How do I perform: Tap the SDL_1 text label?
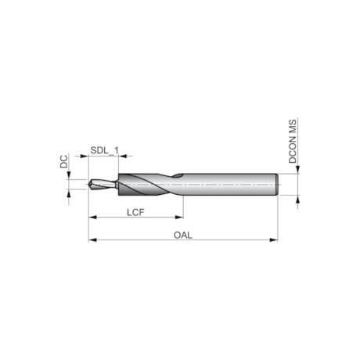[104, 149]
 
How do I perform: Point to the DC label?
[63, 161]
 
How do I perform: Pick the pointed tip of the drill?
[89, 185]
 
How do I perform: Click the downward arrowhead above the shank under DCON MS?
[297, 170]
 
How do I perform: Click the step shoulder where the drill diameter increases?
[118, 185]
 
